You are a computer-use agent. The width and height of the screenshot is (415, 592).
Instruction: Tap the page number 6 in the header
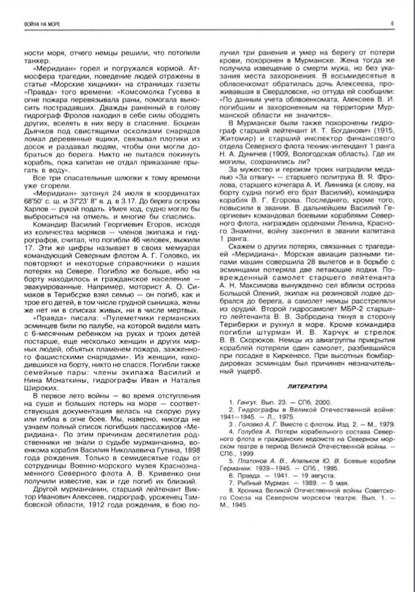[x=393, y=23]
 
